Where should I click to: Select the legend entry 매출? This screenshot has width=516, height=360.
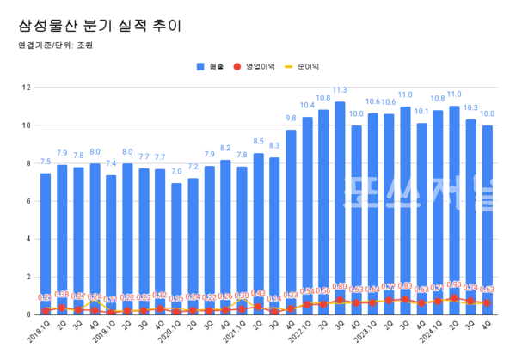click(x=211, y=65)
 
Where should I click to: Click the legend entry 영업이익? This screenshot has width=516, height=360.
click(x=261, y=65)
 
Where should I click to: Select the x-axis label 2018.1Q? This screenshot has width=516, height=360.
click(x=39, y=331)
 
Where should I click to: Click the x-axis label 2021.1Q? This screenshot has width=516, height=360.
click(x=235, y=331)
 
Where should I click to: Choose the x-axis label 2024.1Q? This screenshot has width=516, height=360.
click(x=431, y=331)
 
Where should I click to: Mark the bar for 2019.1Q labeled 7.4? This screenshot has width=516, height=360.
click(x=111, y=232)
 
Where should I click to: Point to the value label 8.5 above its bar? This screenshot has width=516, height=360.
click(x=258, y=142)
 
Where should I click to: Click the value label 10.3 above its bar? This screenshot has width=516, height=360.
click(x=470, y=108)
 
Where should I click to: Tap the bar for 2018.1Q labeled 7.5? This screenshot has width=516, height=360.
click(x=46, y=232)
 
